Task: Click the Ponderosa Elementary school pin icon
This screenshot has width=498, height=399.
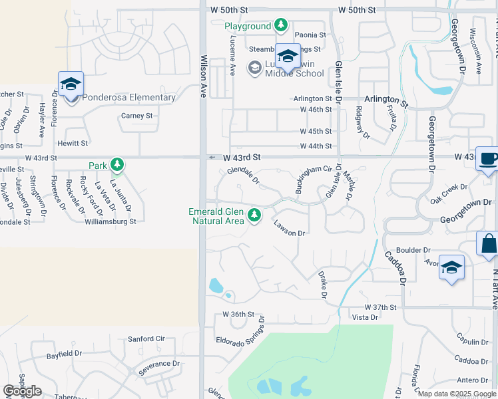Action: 71,84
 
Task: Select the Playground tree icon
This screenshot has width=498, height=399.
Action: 281,26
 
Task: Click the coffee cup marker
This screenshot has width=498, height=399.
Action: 488,160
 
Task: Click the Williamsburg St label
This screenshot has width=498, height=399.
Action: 111,221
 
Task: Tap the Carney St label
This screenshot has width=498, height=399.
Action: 137,116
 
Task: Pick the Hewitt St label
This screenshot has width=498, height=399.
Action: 73,143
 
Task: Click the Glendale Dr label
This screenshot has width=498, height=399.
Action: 242,176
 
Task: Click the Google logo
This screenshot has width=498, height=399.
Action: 23,391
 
